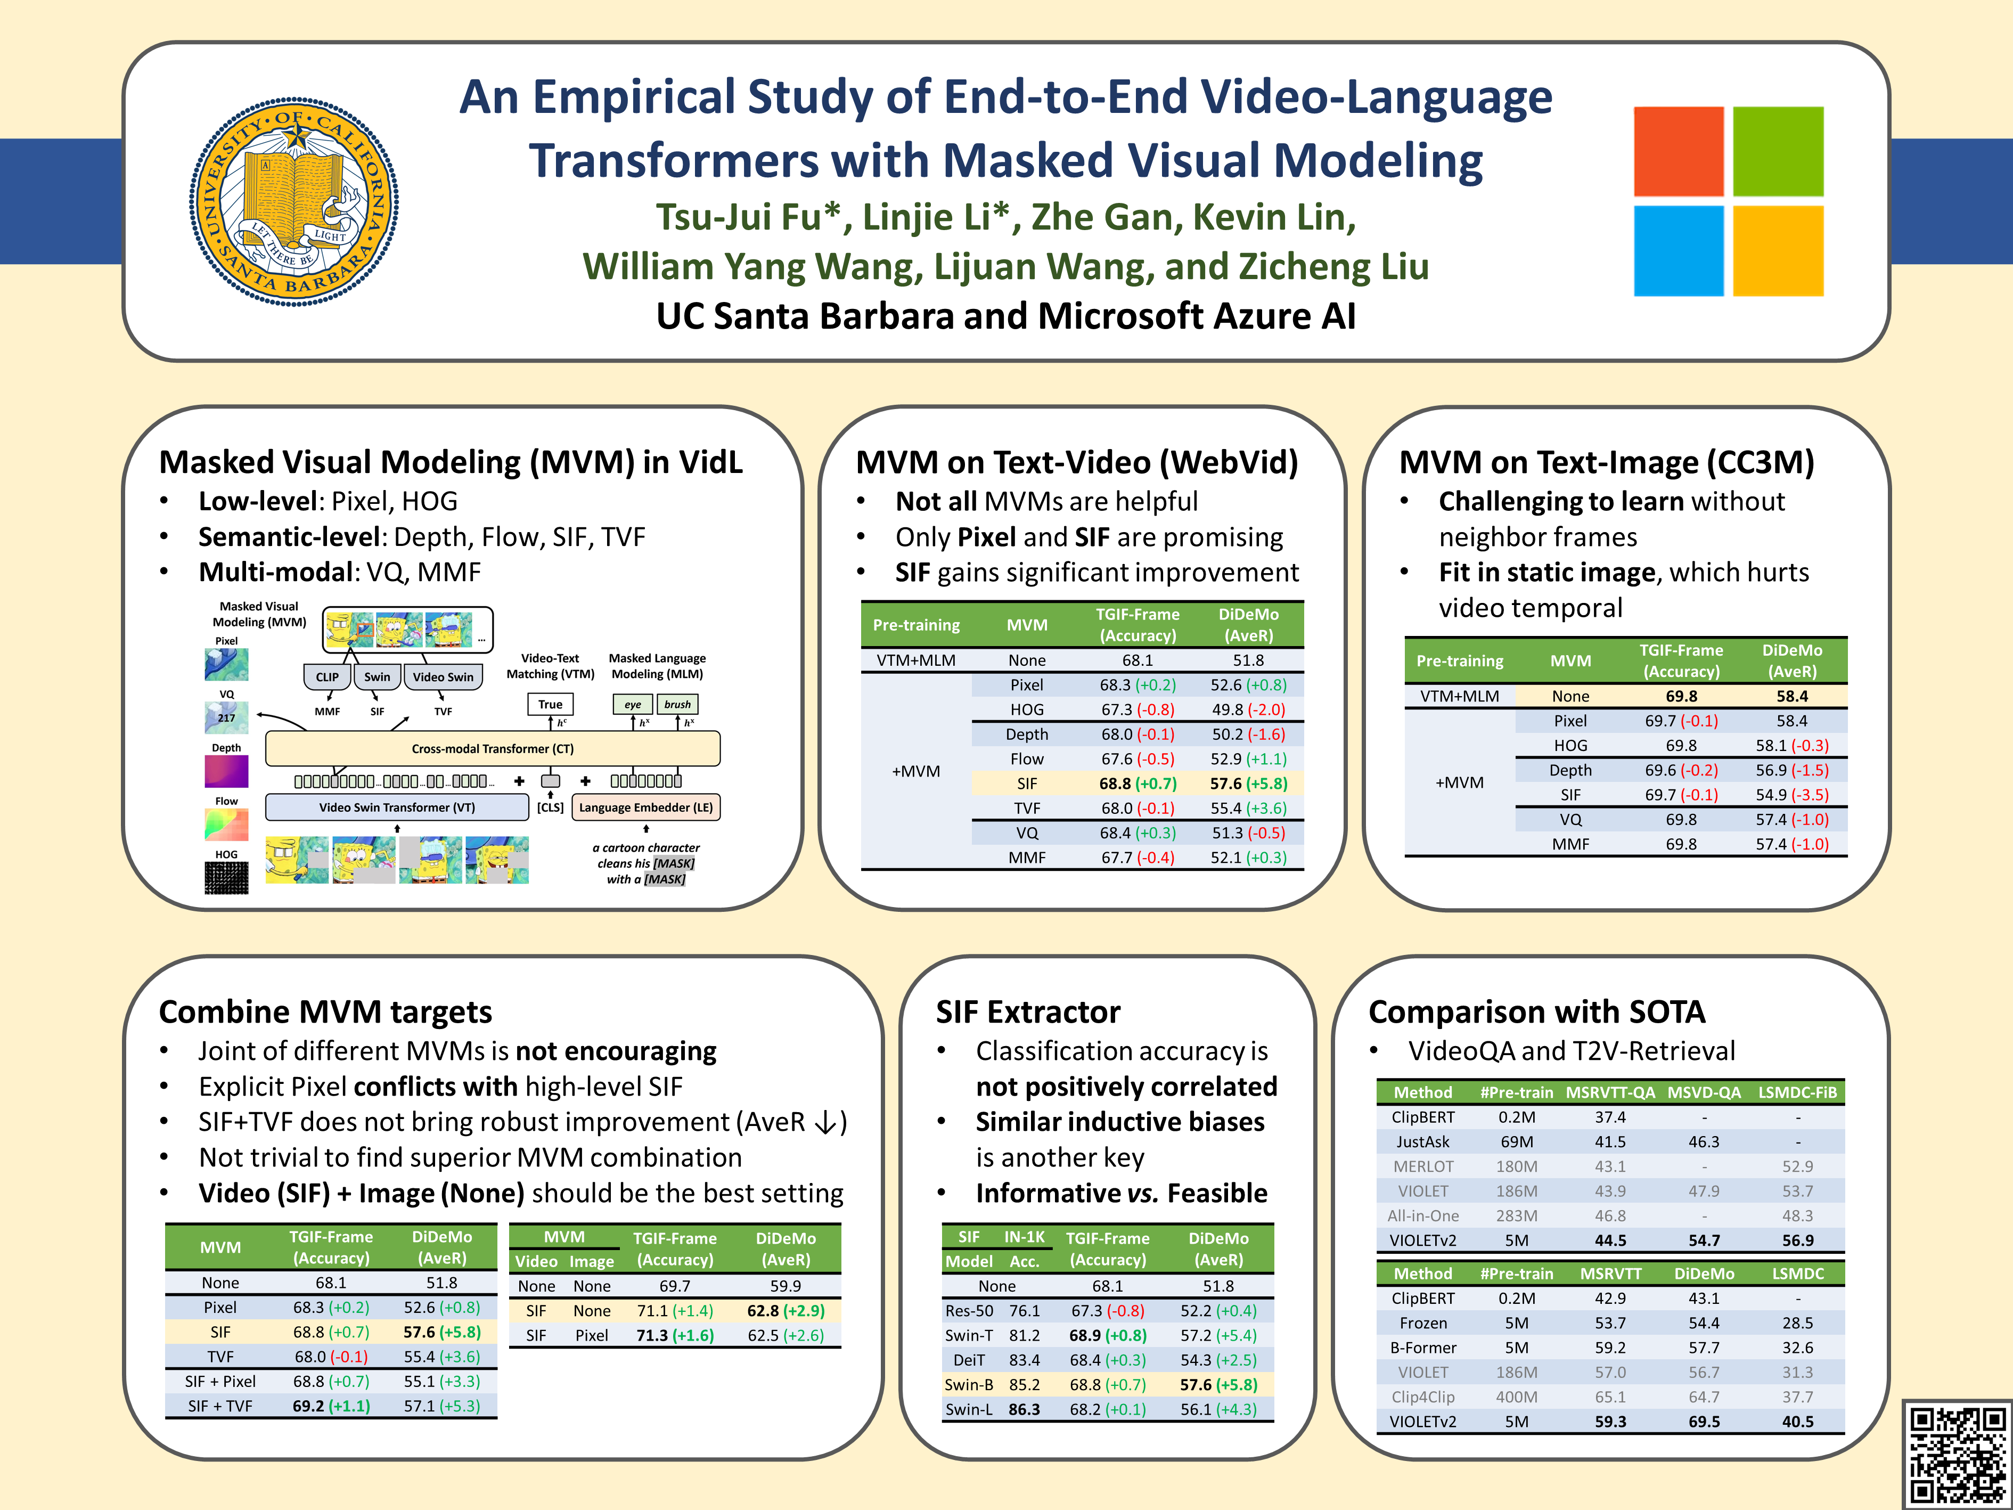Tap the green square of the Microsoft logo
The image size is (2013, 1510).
tap(1777, 151)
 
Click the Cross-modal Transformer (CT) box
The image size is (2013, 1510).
tap(492, 748)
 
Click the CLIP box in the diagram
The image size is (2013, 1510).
tap(326, 676)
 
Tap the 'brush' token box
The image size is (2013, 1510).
tap(677, 704)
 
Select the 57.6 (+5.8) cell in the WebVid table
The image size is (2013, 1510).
tap(1249, 783)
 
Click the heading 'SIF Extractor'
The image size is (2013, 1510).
tap(1028, 1011)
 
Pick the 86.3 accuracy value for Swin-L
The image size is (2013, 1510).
tap(1024, 1409)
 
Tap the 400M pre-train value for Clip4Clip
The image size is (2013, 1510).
tap(1516, 1396)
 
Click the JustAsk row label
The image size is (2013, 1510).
tap(1422, 1141)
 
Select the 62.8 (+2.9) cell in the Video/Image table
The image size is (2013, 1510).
tap(785, 1311)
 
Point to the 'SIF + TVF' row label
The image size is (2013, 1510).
tap(220, 1405)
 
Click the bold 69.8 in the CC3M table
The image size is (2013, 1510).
tap(1681, 696)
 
